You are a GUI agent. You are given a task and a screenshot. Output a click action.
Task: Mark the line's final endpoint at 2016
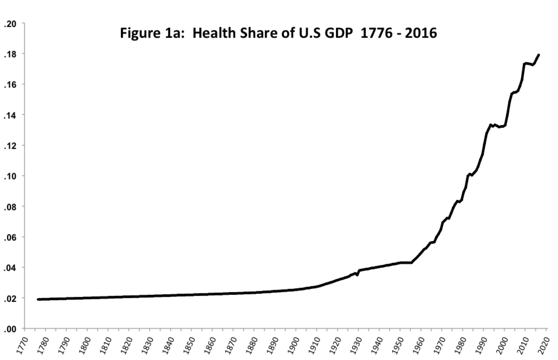click(x=539, y=54)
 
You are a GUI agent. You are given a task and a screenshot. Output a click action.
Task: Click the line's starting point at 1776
click(x=38, y=299)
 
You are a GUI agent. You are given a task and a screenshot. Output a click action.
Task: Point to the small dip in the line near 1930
click(x=357, y=275)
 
